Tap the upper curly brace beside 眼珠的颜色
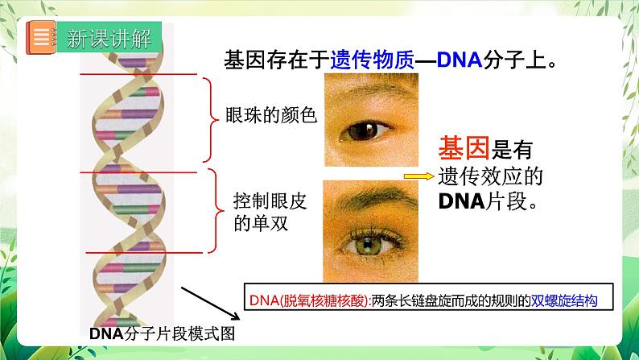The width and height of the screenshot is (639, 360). click(212, 118)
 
